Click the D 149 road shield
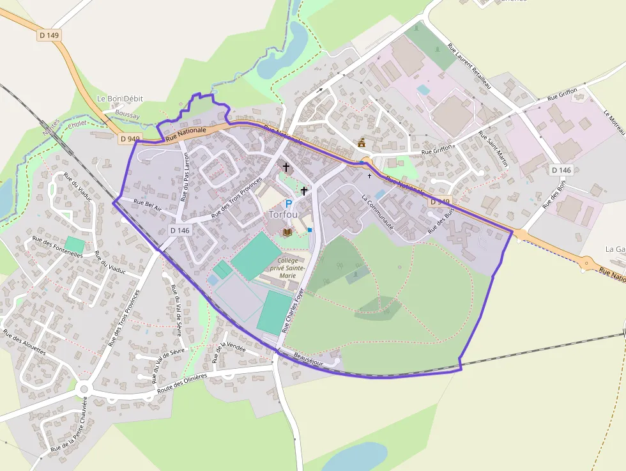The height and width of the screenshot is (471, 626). [x=49, y=36]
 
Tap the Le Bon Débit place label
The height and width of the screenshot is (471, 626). [x=119, y=99]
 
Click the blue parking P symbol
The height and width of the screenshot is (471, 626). [x=288, y=204]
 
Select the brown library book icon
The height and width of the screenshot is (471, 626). [x=287, y=231]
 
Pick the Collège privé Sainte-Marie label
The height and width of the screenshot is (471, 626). [x=291, y=268]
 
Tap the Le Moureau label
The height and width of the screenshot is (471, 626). [x=614, y=121]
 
